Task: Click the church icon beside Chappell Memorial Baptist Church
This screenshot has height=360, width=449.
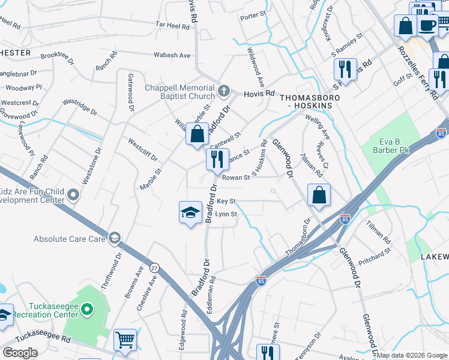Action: (224, 91)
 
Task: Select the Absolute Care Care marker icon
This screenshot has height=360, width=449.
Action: (113, 238)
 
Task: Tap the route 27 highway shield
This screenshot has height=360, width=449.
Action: (154, 268)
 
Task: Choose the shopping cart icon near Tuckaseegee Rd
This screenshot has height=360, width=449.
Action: (125, 340)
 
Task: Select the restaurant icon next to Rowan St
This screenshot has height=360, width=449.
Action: (217, 160)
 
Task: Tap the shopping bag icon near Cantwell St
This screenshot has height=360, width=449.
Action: (197, 134)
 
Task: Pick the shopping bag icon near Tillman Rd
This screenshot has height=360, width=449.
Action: (319, 195)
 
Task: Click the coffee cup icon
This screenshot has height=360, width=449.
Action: (427, 26)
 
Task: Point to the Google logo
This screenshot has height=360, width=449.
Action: (20, 352)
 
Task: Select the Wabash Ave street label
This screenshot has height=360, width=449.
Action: (172, 55)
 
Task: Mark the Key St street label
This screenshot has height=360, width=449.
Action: (226, 201)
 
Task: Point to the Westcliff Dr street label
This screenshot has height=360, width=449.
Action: (142, 150)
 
